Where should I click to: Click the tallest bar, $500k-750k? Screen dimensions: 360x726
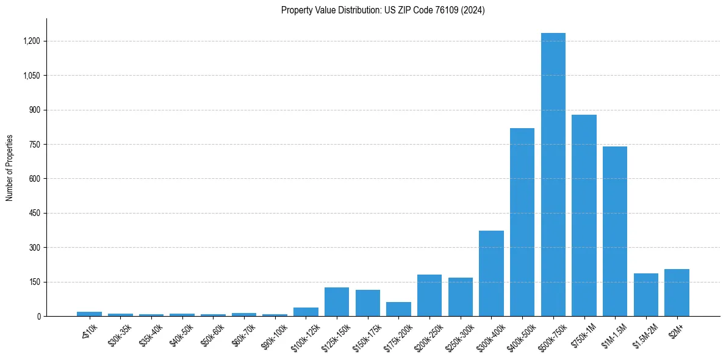553,175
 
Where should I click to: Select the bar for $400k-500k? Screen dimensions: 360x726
522,222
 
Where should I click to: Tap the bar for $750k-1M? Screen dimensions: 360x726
584,215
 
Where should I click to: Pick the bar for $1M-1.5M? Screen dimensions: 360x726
615,231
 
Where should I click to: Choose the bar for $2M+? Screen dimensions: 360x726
677,293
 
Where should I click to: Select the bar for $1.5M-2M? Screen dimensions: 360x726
645,295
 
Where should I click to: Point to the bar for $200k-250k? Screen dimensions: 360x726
429,295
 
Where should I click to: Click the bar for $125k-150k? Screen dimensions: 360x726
337,302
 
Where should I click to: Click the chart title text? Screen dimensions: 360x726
383,10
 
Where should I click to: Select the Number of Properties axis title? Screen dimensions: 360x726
10,168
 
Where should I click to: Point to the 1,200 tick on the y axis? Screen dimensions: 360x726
32,41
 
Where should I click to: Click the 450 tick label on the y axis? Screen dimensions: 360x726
34,213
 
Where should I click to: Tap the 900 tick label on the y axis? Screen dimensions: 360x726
34,110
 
